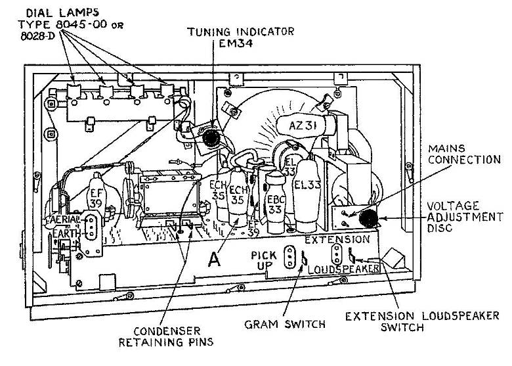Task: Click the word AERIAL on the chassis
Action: (x=63, y=219)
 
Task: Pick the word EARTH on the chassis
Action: (x=60, y=231)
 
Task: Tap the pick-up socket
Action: (x=288, y=258)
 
